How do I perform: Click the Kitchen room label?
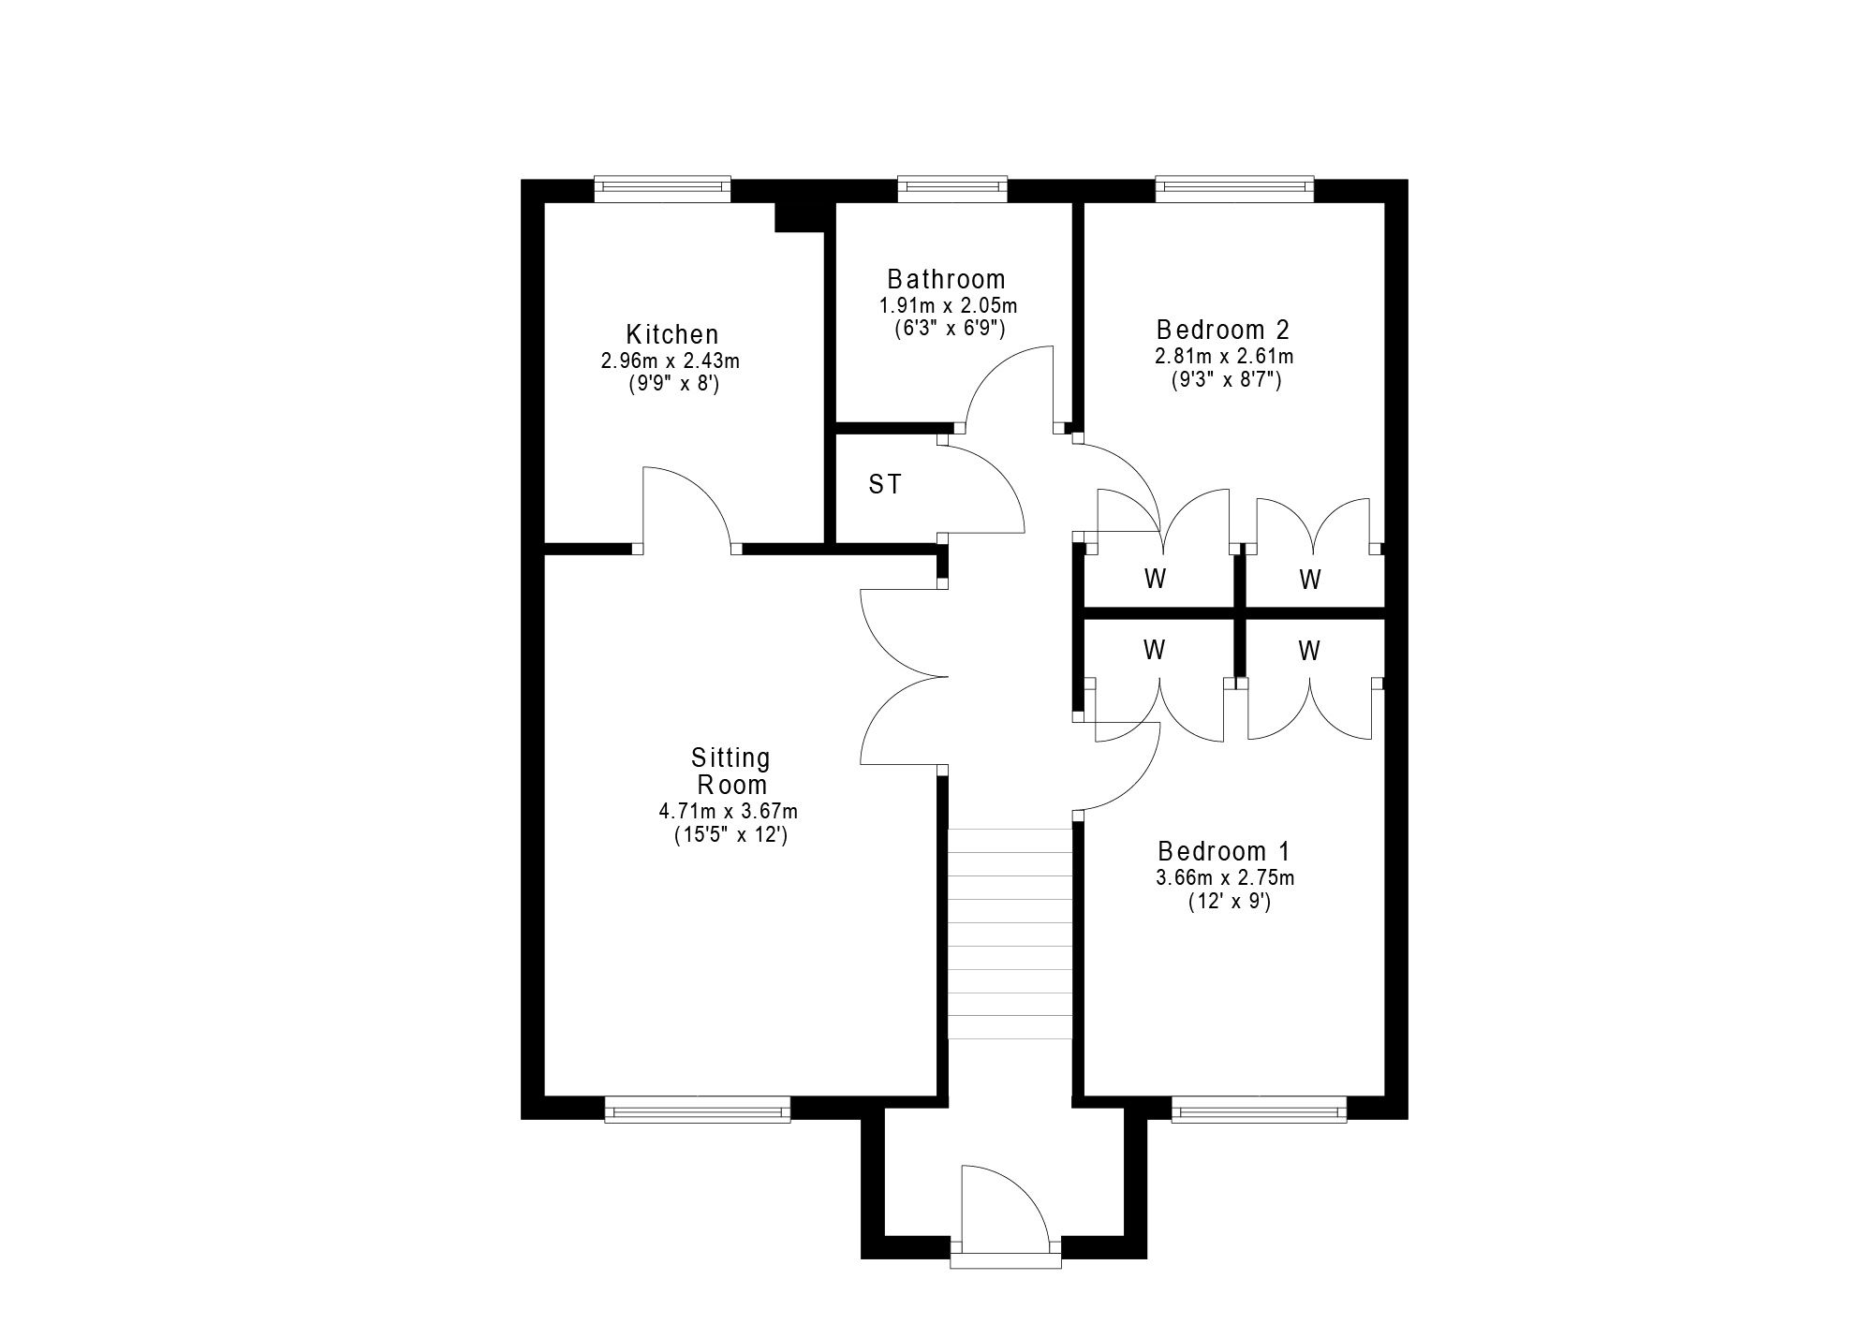672,334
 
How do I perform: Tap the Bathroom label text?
947,279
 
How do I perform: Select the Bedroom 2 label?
1223,330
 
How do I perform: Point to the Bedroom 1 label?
1224,851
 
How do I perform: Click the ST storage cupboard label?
885,484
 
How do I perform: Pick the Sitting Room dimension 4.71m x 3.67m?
729,811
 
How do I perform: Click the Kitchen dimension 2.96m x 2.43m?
671,360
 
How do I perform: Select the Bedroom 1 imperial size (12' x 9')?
1228,902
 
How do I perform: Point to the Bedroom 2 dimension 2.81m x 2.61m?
1225,356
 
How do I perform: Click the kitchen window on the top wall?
662,189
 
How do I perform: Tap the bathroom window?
952,189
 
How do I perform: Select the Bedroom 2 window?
1234,189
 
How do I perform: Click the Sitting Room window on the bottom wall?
698,1110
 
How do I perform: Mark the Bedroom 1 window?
1260,1110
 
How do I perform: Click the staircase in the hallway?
1010,934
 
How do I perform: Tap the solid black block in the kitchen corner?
799,216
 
